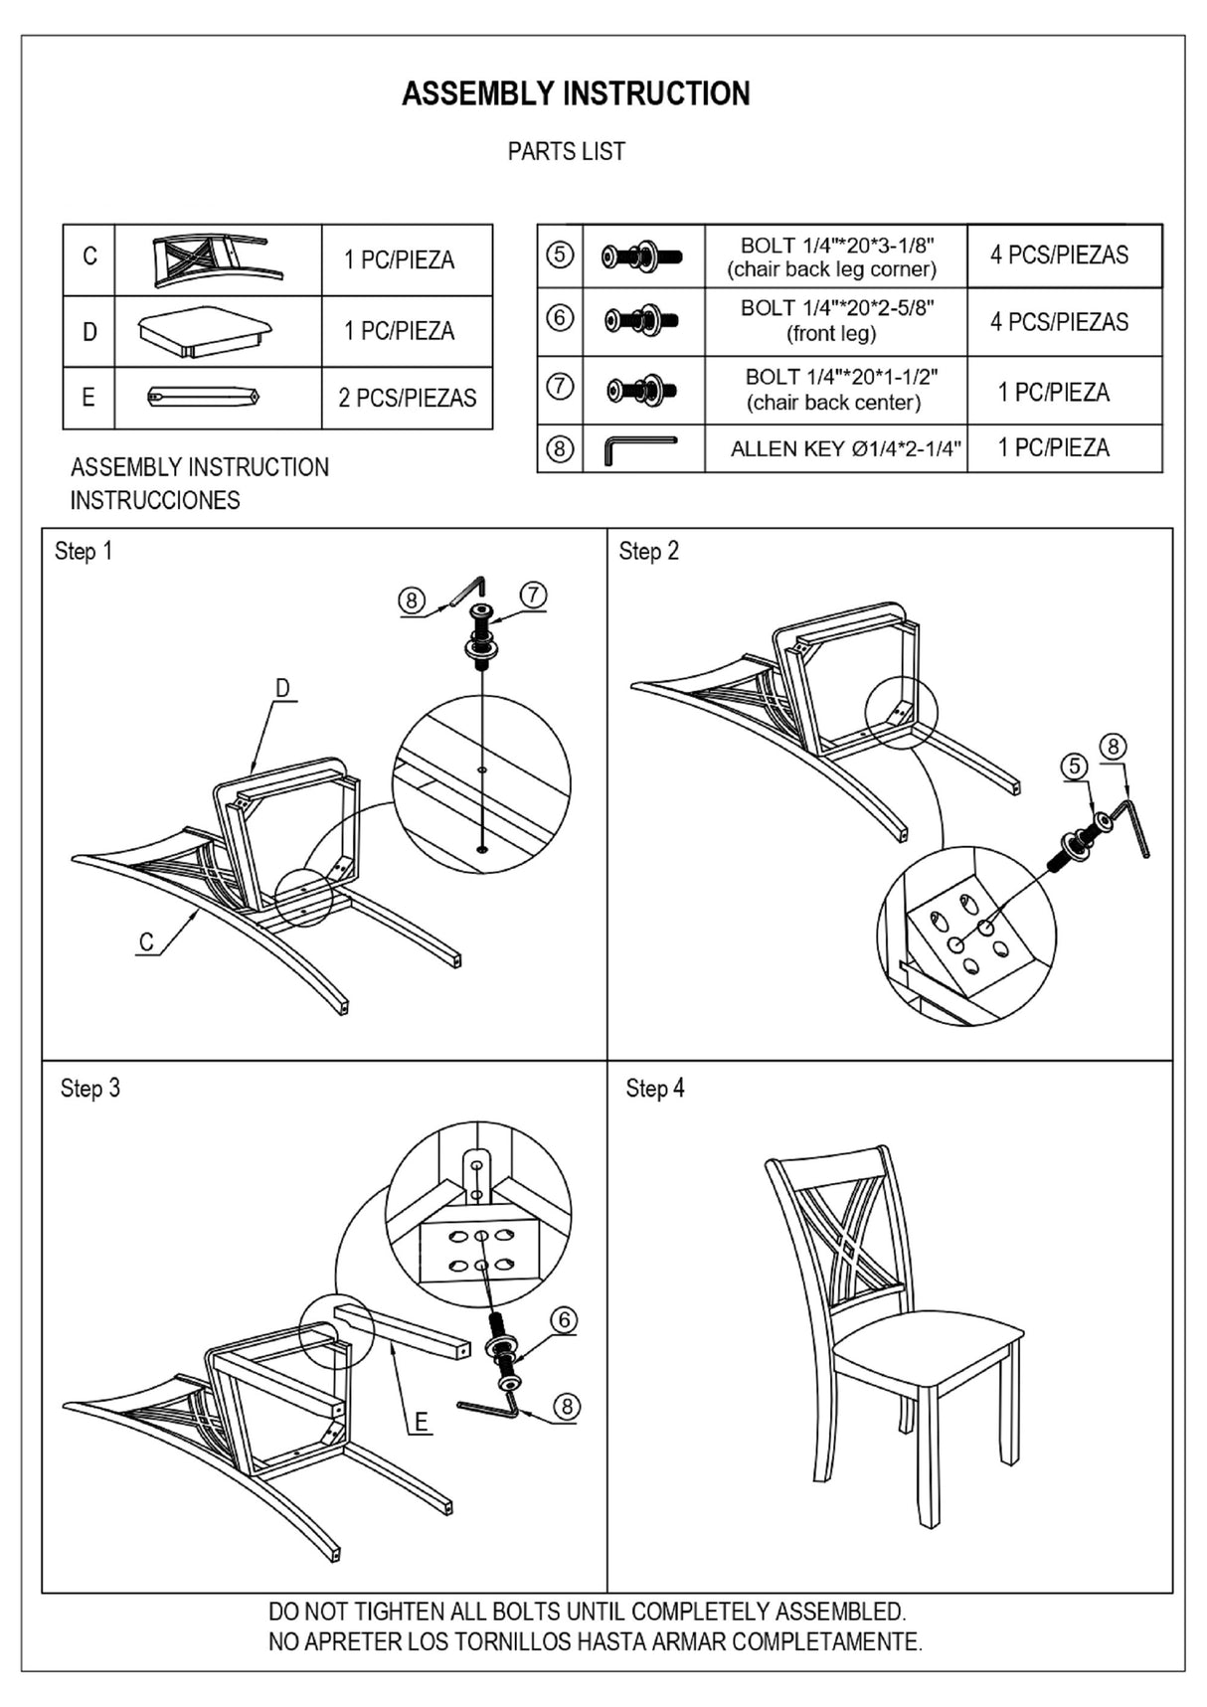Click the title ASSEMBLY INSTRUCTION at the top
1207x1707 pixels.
576,93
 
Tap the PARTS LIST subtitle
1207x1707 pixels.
566,151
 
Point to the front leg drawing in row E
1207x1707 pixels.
204,397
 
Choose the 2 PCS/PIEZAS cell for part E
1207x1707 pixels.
407,398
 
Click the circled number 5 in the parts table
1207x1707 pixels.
560,255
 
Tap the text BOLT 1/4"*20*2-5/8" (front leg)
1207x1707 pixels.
836,320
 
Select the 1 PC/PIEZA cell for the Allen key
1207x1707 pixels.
1053,447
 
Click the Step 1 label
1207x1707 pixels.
84,551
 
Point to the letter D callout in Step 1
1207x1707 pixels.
282,688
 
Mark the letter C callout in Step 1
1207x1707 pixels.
146,941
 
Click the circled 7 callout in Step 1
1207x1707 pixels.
534,595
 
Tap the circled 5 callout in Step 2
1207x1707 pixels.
1074,767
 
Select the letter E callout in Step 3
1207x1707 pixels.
422,1422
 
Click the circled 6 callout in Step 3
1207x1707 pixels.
564,1320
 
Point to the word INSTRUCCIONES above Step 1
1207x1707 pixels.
155,500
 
